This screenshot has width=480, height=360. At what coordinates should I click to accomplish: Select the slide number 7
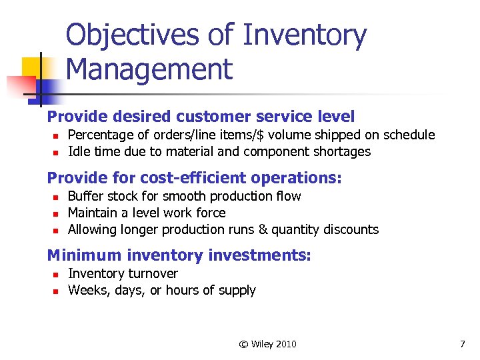[462, 344]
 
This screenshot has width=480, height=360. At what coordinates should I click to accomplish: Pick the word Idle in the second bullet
[78, 151]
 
